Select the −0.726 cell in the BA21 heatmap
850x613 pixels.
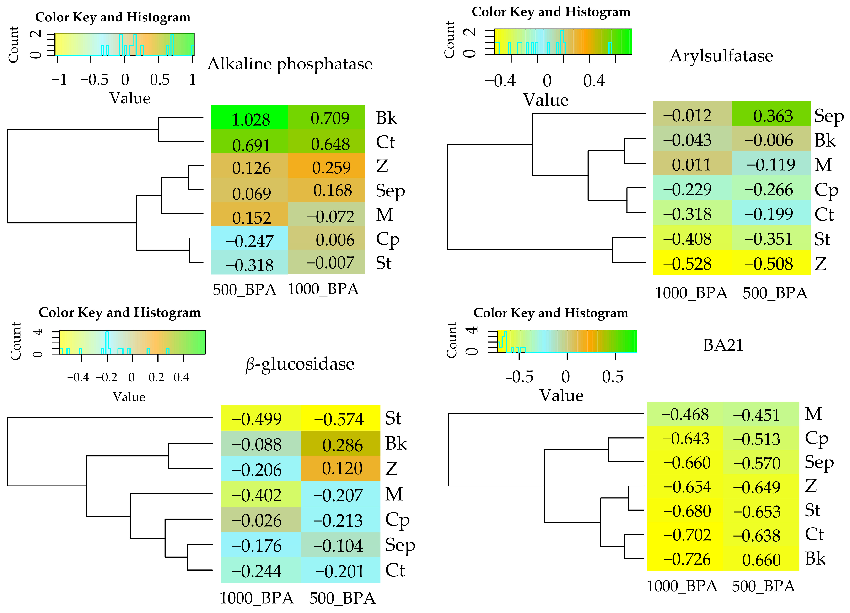click(687, 559)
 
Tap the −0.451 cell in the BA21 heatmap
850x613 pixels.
click(756, 415)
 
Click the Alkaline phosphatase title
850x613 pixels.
click(290, 64)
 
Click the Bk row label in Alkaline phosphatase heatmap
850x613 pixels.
click(386, 118)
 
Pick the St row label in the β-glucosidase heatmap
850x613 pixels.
click(393, 418)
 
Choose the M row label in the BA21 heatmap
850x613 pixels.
click(813, 414)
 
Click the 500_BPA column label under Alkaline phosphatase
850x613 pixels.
click(244, 290)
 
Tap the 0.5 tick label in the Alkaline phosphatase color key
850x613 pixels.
click(160, 79)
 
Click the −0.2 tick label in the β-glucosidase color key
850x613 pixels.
click(107, 377)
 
